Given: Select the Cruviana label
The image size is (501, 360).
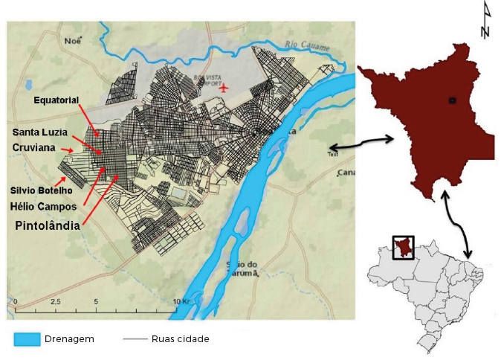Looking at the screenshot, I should pyautogui.click(x=34, y=147).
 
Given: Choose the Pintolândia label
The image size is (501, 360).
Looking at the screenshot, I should pyautogui.click(x=48, y=224).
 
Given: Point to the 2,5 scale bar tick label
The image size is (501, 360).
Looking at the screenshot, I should pyautogui.click(x=55, y=302).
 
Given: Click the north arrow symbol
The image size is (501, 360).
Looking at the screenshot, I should pyautogui.click(x=486, y=20).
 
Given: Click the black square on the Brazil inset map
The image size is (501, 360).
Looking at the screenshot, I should pyautogui.click(x=404, y=248).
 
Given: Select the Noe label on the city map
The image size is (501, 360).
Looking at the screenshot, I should pyautogui.click(x=72, y=41).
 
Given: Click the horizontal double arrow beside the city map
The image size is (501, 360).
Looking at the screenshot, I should pyautogui.click(x=363, y=142).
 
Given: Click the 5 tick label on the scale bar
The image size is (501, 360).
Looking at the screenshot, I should pyautogui.click(x=95, y=302).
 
